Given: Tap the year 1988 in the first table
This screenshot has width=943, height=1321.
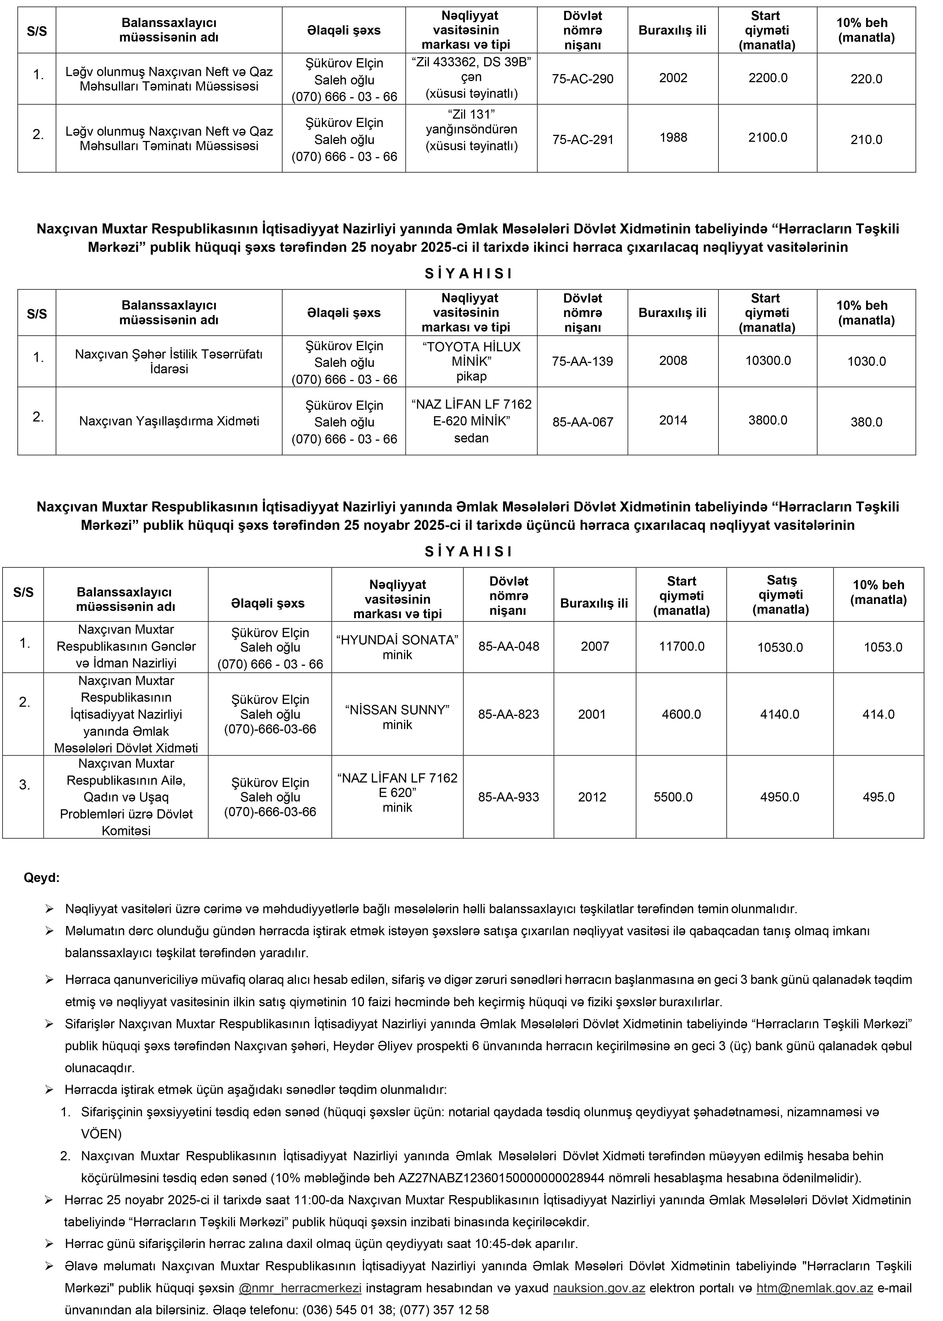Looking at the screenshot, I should [673, 138].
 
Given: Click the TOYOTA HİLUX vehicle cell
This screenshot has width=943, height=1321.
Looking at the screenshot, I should [471, 361].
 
